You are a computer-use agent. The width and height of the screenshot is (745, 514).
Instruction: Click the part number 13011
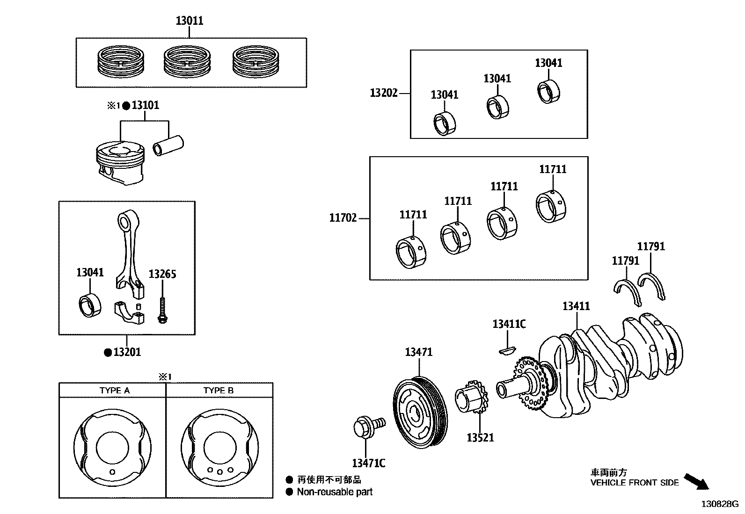190,21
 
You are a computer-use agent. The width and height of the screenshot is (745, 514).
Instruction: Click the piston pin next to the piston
169,146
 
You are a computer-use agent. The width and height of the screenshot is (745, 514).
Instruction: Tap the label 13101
145,105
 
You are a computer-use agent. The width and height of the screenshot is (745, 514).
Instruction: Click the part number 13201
127,352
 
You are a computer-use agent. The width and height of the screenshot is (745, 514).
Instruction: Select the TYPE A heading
115,391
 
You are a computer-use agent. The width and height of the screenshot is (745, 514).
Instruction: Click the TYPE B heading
219,391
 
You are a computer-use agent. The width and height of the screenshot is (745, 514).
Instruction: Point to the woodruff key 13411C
507,349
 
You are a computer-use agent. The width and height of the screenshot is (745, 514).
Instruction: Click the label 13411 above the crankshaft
576,306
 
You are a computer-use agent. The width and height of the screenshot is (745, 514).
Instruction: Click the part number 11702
343,218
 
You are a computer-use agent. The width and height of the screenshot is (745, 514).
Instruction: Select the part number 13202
384,93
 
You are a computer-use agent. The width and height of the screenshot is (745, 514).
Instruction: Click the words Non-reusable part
335,492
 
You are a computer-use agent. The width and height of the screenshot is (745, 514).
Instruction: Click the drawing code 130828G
719,504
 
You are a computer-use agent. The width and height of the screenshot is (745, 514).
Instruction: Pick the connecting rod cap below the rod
129,312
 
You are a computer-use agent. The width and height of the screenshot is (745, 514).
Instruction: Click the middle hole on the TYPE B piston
219,472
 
